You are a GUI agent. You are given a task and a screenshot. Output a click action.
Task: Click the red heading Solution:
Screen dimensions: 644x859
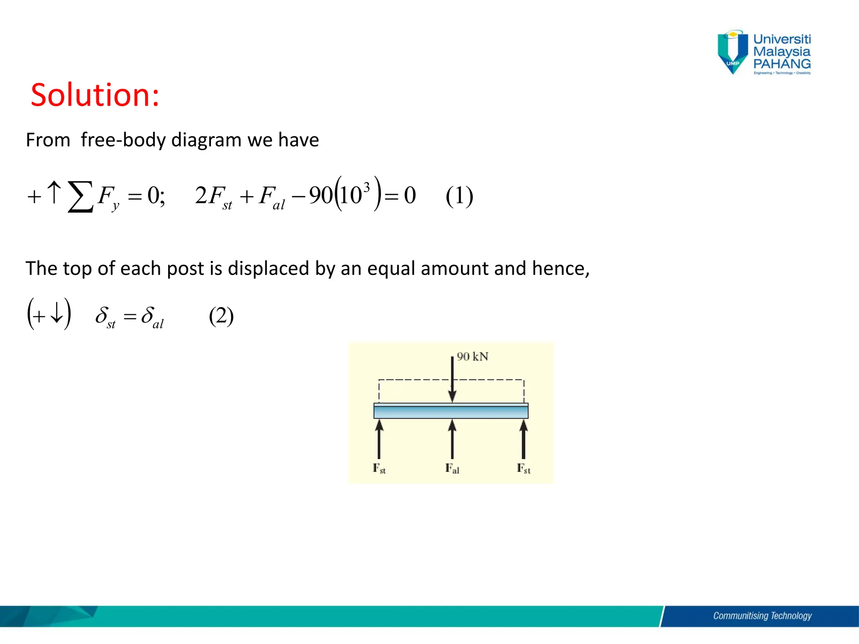pos(95,95)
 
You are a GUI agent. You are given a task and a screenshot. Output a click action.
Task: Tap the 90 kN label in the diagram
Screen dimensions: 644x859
pos(472,357)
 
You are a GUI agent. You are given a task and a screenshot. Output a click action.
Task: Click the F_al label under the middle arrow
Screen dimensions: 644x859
pos(452,469)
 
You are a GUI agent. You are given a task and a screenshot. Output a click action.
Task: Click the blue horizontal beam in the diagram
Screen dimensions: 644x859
pos(451,411)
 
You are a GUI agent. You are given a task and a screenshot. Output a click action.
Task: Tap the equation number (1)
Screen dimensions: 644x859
pos(459,196)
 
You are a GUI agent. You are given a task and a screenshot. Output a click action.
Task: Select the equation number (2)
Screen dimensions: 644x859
pos(221,316)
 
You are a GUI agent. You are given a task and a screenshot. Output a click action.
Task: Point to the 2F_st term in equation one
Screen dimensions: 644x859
pos(213,196)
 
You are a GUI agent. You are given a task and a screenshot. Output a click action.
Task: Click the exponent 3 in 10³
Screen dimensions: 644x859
pos(367,187)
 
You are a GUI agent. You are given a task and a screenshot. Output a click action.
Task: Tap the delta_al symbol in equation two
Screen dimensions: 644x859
pos(152,317)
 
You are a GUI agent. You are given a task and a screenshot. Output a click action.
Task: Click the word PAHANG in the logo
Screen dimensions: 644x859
pos(782,64)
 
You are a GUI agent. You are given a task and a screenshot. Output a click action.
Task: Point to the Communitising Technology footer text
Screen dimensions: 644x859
pos(762,616)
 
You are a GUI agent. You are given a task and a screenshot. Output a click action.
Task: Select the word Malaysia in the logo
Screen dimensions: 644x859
pos(782,52)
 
